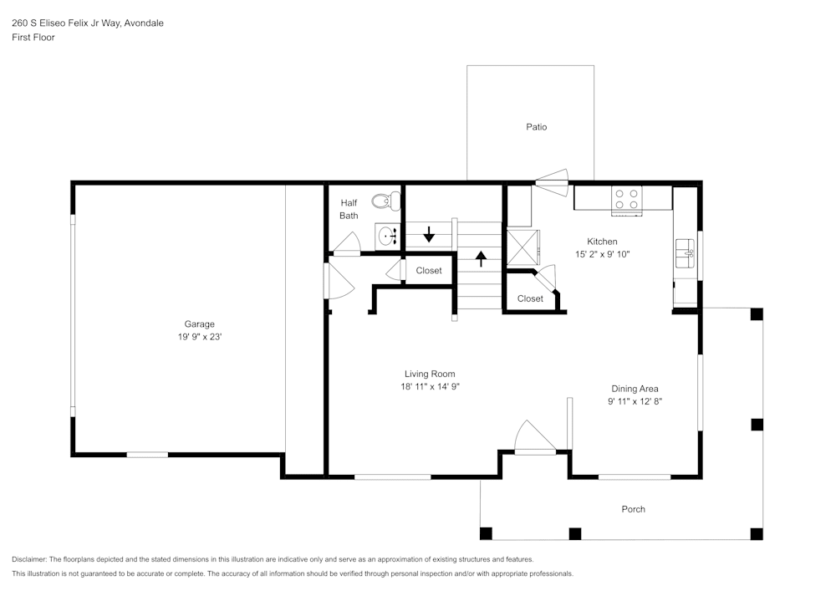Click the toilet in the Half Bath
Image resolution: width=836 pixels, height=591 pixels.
tap(382, 201)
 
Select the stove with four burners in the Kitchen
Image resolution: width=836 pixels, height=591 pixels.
tap(627, 199)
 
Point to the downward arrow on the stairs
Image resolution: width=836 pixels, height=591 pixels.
tap(429, 233)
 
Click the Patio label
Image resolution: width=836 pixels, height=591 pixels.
tap(536, 127)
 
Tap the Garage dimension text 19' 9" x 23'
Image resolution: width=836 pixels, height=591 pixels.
tap(199, 337)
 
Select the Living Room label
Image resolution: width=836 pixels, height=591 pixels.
tap(430, 374)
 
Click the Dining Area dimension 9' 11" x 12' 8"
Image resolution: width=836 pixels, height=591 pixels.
tap(635, 401)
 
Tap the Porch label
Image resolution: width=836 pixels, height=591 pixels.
tap(633, 509)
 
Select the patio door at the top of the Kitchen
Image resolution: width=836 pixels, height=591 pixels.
tap(552, 177)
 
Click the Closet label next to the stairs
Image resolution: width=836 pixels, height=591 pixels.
tap(429, 271)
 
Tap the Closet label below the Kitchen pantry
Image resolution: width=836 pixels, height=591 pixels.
tap(530, 298)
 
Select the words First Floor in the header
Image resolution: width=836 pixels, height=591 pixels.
tap(33, 38)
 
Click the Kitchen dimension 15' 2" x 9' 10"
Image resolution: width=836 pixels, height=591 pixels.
tap(601, 254)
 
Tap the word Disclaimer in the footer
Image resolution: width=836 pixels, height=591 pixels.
tap(29, 559)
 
